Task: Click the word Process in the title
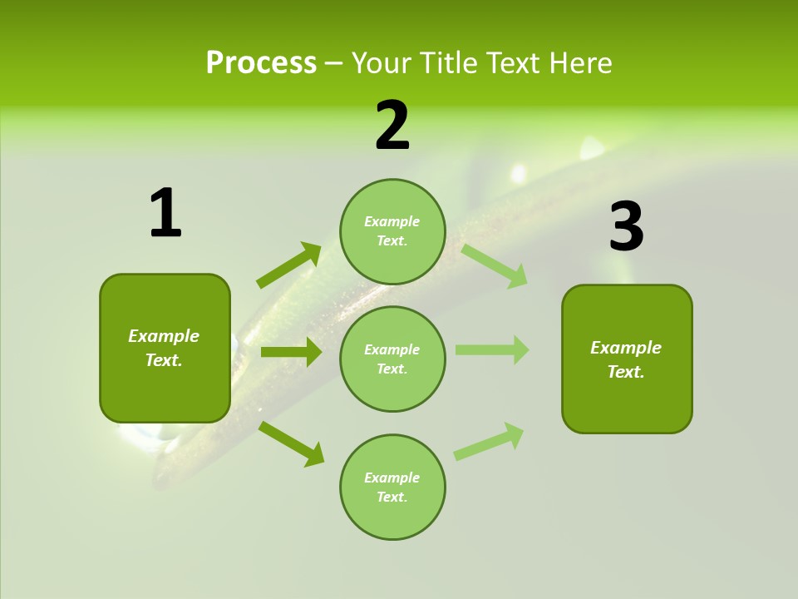point(261,63)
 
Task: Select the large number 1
point(165,214)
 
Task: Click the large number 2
point(392,126)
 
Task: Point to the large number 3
point(626,227)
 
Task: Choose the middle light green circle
point(392,359)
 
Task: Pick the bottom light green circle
point(392,488)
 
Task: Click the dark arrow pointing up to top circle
point(289,265)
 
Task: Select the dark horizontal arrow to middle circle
point(291,352)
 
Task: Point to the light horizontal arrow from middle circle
point(492,349)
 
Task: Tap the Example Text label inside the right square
point(626,359)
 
